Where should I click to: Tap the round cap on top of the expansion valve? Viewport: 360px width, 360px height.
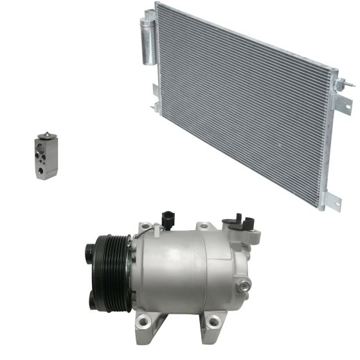46,136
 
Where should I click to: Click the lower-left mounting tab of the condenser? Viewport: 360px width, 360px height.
156,96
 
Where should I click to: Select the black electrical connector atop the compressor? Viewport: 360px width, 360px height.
168,219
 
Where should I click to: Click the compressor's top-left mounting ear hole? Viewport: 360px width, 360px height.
146,228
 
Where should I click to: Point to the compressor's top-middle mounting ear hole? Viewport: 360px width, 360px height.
204,226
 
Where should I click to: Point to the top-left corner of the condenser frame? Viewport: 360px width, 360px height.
156,4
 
